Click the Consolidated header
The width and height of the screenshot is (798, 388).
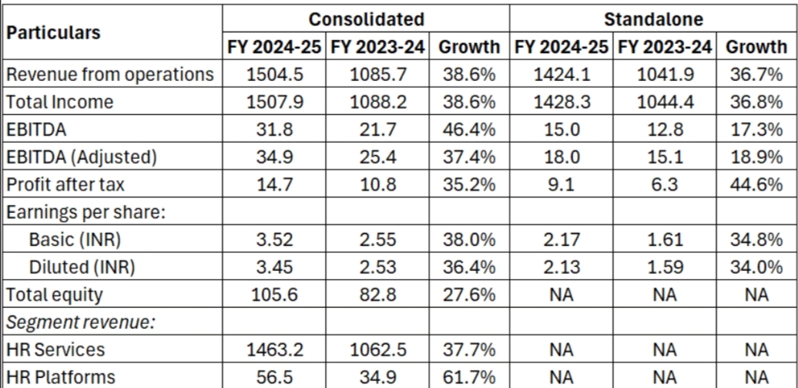[x=366, y=19]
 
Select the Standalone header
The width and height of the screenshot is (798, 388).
[x=653, y=19]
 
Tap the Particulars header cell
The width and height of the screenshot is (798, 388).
[x=53, y=33]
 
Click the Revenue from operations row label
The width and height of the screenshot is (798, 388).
[x=109, y=74]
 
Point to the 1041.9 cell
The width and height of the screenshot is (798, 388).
[x=664, y=74]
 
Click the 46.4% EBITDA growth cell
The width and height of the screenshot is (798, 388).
[x=468, y=129]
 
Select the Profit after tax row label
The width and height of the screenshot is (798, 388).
[x=65, y=184]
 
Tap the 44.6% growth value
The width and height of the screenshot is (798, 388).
[x=756, y=184]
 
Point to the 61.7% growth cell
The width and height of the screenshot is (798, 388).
[x=468, y=377]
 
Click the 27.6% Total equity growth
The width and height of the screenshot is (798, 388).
[x=468, y=295]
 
